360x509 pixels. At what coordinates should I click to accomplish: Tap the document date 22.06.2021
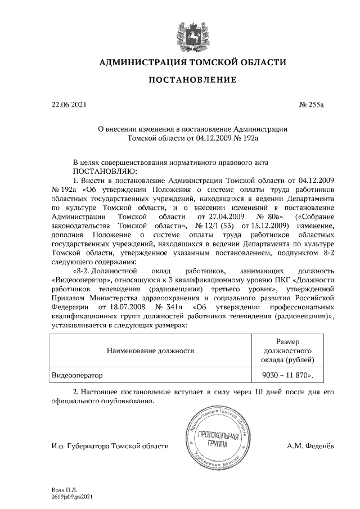[x=67, y=105]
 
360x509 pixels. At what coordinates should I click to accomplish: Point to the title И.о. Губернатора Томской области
[x=109, y=446]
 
